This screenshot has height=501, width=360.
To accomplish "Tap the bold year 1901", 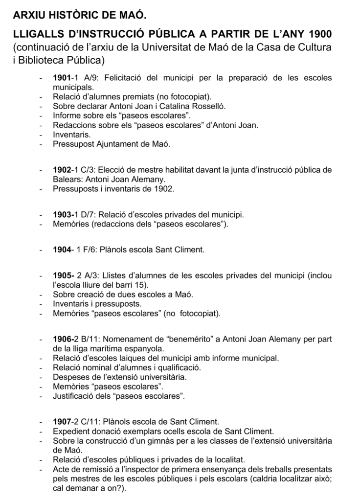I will (62, 78).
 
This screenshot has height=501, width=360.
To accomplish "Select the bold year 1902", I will (62, 170).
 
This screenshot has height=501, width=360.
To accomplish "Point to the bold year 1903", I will (62, 215).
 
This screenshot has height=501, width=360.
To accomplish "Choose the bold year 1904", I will (62, 250).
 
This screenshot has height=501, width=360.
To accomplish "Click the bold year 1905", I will (62, 276).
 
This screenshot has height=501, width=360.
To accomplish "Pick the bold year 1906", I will (62, 339).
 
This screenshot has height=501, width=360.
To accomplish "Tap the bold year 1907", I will (62, 421).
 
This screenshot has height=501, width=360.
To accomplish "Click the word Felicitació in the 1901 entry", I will (122, 78).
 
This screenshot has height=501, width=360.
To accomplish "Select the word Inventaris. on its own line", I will (71, 134).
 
